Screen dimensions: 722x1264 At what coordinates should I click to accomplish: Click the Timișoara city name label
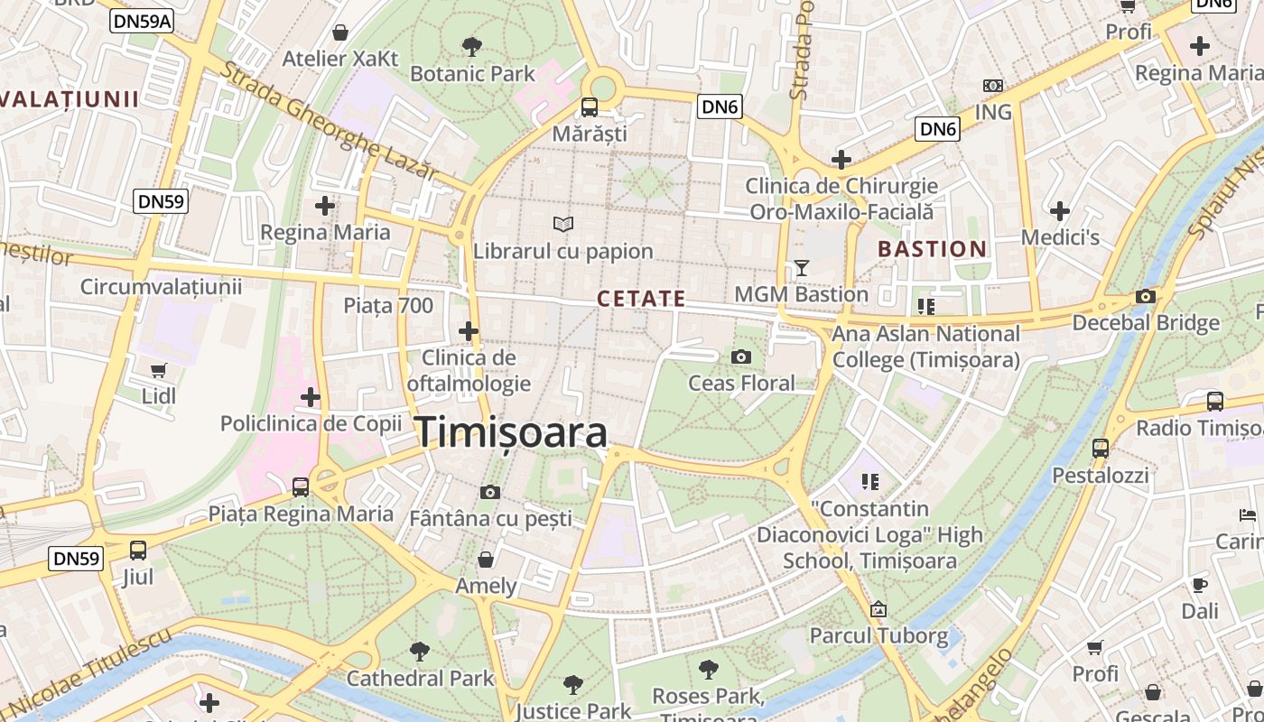pos(511,433)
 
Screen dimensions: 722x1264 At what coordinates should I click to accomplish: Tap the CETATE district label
pos(641,299)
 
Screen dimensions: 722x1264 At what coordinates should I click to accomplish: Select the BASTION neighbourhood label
pos(932,249)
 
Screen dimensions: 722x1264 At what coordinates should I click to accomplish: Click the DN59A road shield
pos(142,21)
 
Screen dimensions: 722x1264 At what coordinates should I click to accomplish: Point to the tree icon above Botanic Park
pos(471,46)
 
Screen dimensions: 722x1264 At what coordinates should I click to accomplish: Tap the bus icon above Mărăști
pos(590,107)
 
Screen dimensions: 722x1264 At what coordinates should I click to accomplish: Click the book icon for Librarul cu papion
pos(563,223)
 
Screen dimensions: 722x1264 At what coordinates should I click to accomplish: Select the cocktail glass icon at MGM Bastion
pos(801,267)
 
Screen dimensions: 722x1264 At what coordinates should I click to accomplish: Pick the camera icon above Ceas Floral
pos(741,356)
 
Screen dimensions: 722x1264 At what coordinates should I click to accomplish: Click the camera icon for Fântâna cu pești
pos(490,492)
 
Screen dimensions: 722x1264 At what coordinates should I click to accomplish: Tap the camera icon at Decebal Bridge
pos(1146,296)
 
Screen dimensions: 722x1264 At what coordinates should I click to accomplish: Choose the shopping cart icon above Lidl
pos(159,370)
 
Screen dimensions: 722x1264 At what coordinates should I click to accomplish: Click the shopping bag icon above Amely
pos(486,560)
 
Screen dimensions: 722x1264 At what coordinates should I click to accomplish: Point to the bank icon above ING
pos(993,86)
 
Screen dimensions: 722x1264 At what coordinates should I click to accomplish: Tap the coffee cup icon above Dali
pos(1200,584)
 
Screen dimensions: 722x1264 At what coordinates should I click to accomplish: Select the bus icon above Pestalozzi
pos(1101,448)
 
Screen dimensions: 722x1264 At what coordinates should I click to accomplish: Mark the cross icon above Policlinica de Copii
pos(311,396)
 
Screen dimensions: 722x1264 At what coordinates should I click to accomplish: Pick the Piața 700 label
pos(388,305)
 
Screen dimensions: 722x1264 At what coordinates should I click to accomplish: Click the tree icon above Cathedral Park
pos(420,651)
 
